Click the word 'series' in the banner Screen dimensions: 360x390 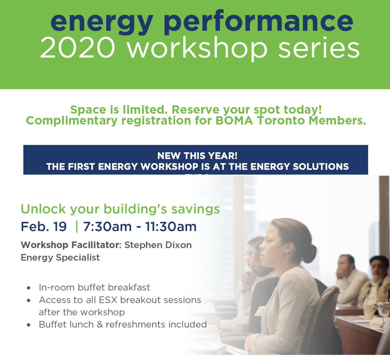tap(319, 48)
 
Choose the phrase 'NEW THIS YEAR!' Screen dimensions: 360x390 tap(197, 156)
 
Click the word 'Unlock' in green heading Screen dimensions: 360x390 tap(43, 209)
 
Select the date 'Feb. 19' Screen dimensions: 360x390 tap(44, 227)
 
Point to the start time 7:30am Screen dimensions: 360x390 tap(107, 227)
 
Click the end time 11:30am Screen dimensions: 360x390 tap(171, 227)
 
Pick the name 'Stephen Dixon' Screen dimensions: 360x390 tap(158, 245)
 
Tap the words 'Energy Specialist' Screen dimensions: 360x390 tap(60, 258)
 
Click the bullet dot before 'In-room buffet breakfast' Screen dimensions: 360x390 tap(29, 288)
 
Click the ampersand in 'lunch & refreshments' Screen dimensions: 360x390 tap(99, 325)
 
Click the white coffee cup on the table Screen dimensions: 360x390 tap(369, 311)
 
